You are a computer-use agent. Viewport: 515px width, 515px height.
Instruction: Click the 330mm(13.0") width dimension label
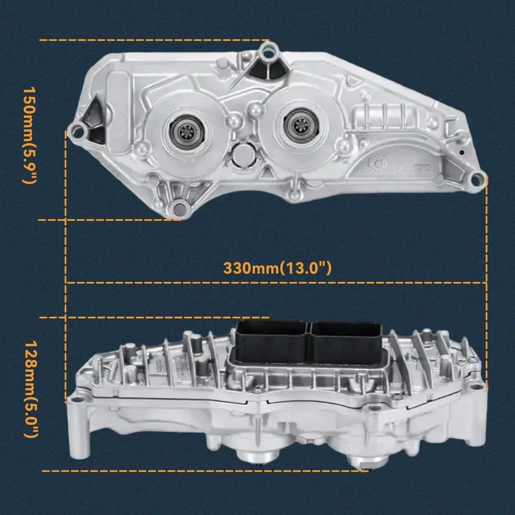pos(277,268)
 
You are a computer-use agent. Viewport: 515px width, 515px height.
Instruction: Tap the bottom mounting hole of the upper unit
pos(179,208)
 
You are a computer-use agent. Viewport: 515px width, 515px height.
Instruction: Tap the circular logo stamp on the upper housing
pos(377,161)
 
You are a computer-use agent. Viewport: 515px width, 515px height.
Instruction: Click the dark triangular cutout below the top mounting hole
pos(259,70)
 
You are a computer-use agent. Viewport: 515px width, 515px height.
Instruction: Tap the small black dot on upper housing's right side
pos(462,152)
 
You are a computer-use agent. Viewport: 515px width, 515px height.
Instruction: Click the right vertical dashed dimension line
pos(487,275)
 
